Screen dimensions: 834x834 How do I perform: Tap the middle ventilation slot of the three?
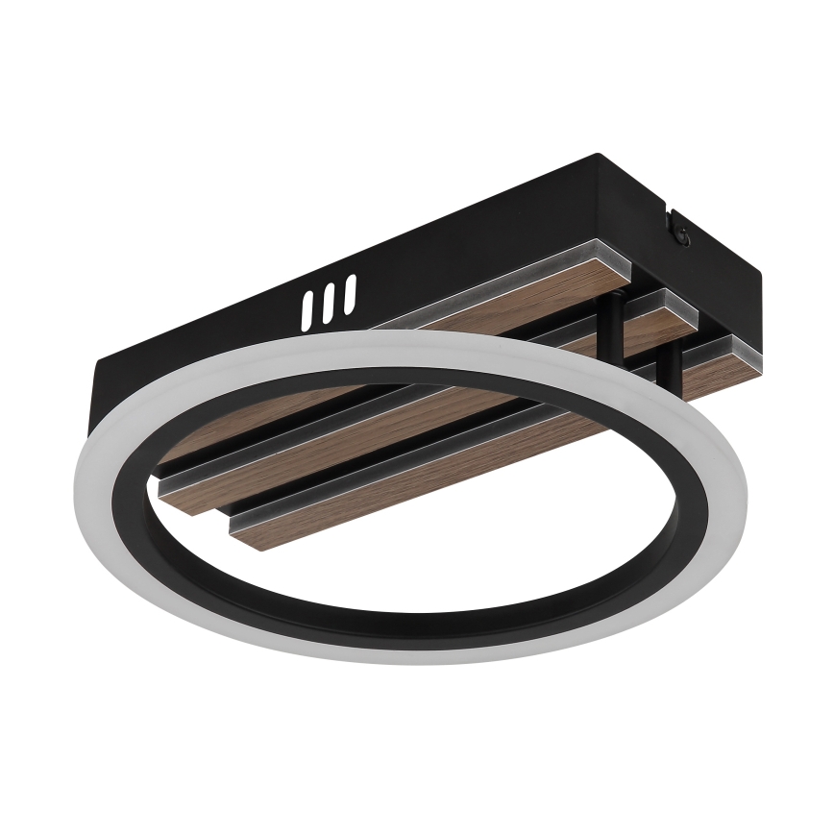330,300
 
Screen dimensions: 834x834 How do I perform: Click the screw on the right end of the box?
679,231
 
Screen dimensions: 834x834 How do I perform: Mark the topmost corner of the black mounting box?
598,155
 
